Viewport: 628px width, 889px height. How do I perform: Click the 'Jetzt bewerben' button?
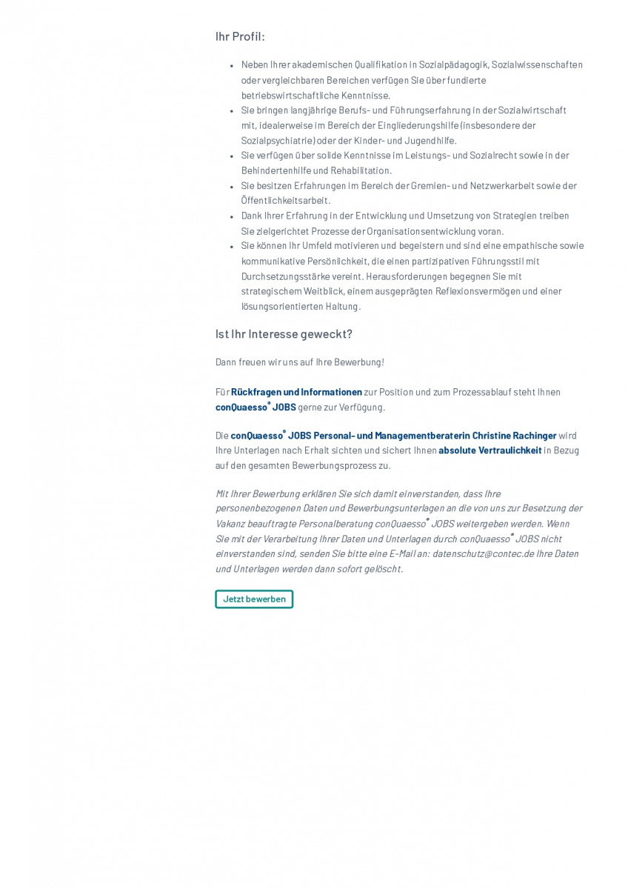click(254, 599)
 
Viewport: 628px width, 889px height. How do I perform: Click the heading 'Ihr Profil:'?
click(240, 37)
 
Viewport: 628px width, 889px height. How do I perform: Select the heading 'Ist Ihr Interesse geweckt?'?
click(284, 334)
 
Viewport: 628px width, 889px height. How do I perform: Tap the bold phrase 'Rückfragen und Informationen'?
click(296, 392)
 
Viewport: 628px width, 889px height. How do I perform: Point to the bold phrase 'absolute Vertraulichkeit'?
click(490, 450)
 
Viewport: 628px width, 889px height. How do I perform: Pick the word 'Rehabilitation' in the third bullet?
click(356, 171)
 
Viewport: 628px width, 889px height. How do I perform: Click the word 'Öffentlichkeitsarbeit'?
click(285, 201)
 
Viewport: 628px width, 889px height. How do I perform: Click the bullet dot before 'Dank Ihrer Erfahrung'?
click(232, 216)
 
